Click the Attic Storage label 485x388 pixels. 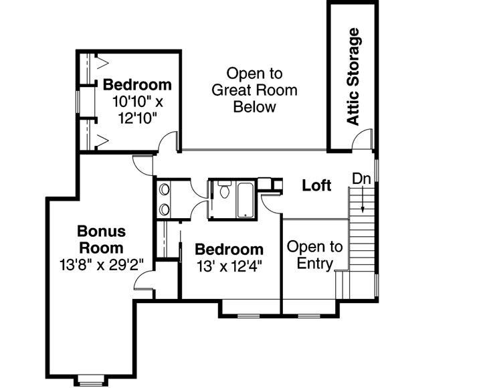coord(353,76)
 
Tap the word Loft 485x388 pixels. coord(316,185)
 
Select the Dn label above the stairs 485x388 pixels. coord(362,179)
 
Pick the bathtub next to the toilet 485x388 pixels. coord(246,199)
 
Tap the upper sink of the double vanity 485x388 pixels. coord(165,190)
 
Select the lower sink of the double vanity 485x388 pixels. coord(165,209)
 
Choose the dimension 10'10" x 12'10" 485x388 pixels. coord(137,110)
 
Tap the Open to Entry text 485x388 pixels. coord(314,255)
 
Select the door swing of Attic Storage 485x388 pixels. coord(361,140)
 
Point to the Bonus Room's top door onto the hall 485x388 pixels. coord(144,165)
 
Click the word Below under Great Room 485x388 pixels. coord(254,107)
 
